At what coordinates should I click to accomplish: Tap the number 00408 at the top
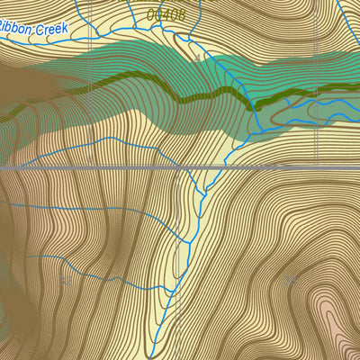(166, 14)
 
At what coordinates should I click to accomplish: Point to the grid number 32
(290, 281)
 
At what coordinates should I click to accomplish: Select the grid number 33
(65, 282)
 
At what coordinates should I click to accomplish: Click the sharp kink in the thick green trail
(253, 106)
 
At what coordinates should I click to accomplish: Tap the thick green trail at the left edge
(3, 115)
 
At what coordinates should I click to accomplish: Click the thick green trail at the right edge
(356, 85)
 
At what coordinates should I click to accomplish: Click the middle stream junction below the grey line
(189, 239)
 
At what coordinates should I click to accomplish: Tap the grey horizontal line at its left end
(3, 167)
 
